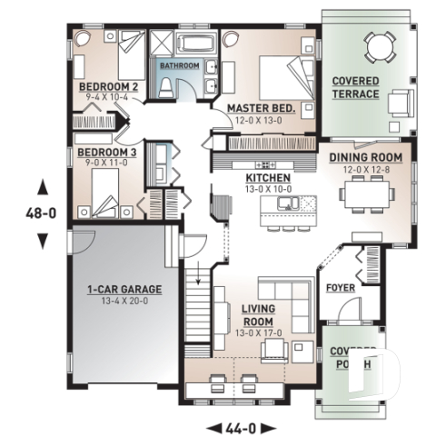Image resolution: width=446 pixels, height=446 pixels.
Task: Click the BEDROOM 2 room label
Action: click(x=108, y=86)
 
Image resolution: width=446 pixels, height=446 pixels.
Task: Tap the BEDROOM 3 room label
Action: click(x=106, y=152)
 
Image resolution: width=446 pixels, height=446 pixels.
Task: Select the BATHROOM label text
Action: click(x=180, y=66)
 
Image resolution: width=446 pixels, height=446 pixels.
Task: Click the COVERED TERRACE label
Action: click(x=356, y=87)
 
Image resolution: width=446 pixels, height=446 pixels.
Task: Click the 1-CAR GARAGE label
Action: click(x=124, y=290)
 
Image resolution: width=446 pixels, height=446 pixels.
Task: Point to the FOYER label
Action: click(x=342, y=290)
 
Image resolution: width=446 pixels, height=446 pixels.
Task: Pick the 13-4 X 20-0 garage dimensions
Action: click(x=124, y=302)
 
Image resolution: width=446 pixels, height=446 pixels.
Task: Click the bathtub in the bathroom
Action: click(x=193, y=43)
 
